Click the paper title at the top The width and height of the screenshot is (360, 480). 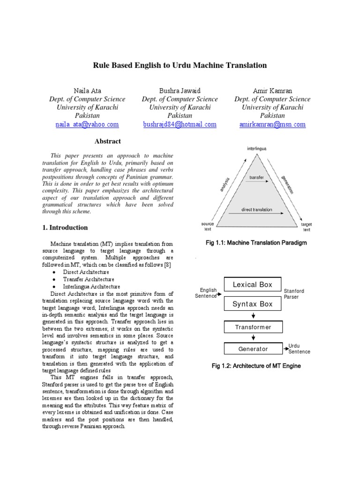[x=180, y=66]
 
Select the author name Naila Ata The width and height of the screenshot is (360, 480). [x=87, y=90]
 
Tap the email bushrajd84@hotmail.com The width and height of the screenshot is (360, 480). [x=180, y=124]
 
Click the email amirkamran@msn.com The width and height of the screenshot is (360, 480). [x=272, y=124]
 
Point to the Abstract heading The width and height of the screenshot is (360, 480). [x=108, y=141]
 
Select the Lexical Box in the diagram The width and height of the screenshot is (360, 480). [x=253, y=285]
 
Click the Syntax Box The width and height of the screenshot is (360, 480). [x=253, y=304]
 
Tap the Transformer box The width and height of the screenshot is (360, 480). [x=253, y=327]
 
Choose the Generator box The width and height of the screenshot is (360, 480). [x=253, y=349]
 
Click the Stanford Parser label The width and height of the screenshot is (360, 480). [x=294, y=294]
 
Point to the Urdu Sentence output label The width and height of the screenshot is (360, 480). [x=299, y=349]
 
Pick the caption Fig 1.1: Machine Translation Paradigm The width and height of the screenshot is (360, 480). [x=256, y=242]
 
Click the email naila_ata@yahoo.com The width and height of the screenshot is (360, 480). [x=87, y=124]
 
